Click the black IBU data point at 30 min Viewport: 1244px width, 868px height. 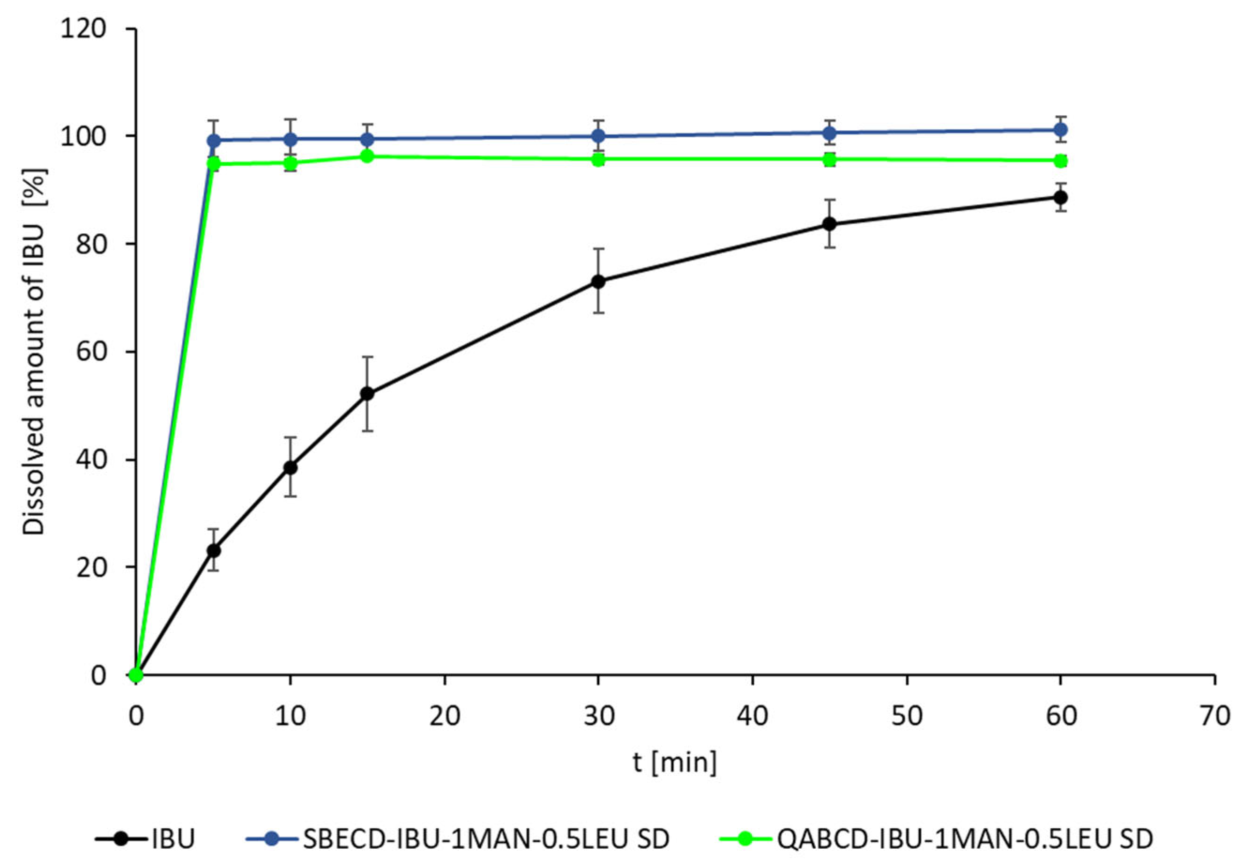pyautogui.click(x=598, y=281)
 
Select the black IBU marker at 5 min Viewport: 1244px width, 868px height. pyautogui.click(x=214, y=550)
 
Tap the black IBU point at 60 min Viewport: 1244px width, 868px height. pyautogui.click(x=1060, y=197)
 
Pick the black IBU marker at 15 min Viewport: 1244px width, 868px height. pyautogui.click(x=367, y=393)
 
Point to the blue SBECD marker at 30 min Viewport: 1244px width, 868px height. pyautogui.click(x=598, y=135)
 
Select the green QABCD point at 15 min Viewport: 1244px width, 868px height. pyautogui.click(x=367, y=156)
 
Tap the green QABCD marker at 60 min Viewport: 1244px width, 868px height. pyautogui.click(x=1060, y=161)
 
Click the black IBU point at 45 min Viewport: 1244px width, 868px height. pyautogui.click(x=829, y=224)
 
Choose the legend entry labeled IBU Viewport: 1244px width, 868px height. pyautogui.click(x=173, y=839)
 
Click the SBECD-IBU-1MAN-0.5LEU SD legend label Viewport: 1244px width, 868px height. pyautogui.click(x=486, y=839)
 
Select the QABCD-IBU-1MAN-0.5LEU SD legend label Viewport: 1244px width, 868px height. pyautogui.click(x=964, y=839)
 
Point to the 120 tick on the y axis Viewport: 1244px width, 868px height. pyautogui.click(x=83, y=29)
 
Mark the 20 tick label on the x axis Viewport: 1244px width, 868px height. pyautogui.click(x=444, y=717)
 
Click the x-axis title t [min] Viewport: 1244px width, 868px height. pyautogui.click(x=675, y=762)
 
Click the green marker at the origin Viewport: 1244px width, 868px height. pyautogui.click(x=136, y=675)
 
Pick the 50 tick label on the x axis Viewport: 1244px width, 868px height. pyautogui.click(x=907, y=717)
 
